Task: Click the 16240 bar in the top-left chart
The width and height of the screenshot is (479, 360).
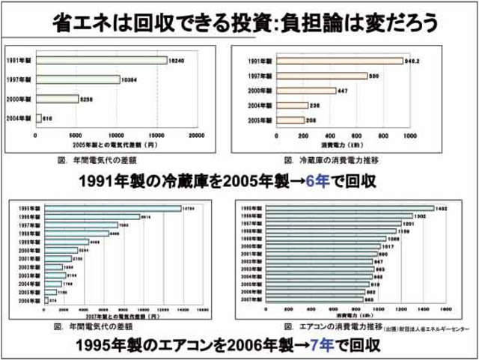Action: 101,60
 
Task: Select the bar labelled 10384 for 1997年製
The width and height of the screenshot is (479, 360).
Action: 78,79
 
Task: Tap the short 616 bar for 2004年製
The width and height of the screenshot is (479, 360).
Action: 38,118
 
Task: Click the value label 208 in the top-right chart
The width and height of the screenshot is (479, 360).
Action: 311,120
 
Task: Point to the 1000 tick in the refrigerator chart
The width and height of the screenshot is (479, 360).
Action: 409,135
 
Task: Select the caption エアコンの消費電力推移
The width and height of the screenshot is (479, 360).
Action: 334,327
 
